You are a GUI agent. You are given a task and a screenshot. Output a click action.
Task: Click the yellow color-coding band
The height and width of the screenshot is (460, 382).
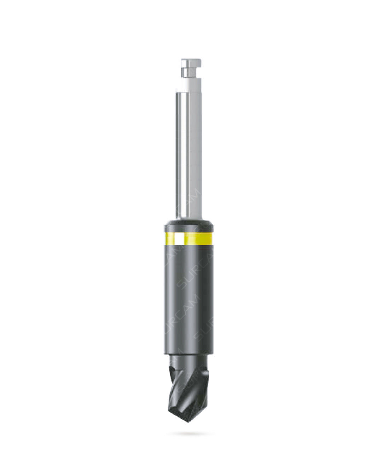click(198, 239)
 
